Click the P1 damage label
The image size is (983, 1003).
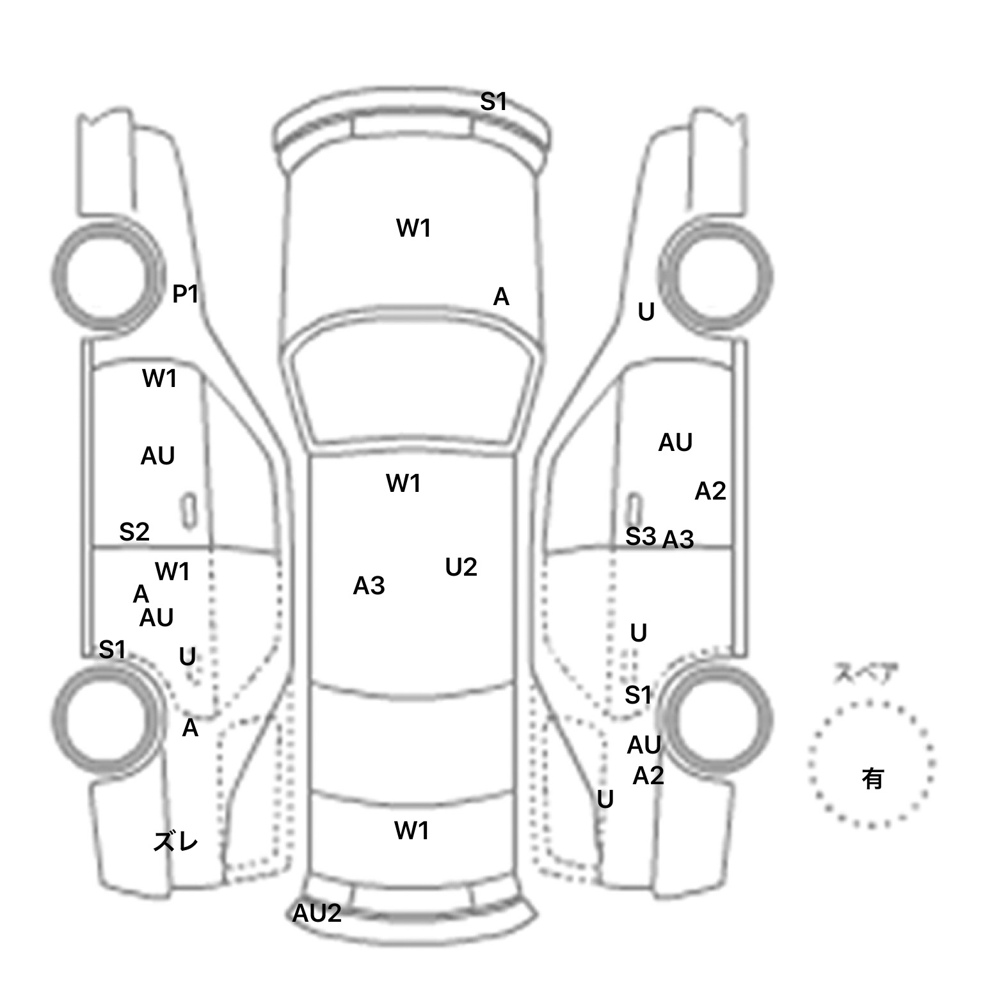coord(186,294)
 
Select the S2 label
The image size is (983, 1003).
coord(134,532)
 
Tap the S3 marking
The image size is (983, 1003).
coord(641,537)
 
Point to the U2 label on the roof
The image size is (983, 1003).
coord(461,567)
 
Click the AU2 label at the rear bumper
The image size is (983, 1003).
coord(317,913)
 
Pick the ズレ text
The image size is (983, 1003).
coord(175,842)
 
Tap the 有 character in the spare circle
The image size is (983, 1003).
coord(872,778)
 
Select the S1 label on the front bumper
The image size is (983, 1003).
coord(493,101)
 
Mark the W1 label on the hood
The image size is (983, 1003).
coord(413,228)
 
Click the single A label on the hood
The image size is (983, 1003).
coord(501,297)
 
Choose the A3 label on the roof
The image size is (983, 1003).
coord(369,586)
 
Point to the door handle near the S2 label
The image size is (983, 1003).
coord(189,510)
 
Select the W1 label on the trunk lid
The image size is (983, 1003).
coord(412,831)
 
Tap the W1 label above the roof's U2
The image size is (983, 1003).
coord(403,484)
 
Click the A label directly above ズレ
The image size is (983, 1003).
coord(190,729)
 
